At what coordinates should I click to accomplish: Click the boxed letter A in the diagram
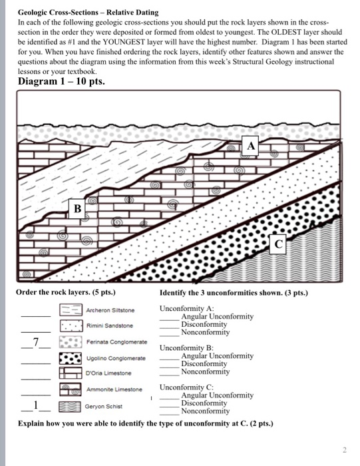tap(251, 145)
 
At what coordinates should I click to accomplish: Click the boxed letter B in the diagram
tap(77, 208)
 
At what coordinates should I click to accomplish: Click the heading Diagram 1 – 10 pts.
tap(61, 82)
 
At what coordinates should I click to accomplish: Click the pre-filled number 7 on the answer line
tap(37, 342)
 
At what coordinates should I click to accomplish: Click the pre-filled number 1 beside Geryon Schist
tap(37, 404)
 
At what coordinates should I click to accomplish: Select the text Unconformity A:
tap(187, 309)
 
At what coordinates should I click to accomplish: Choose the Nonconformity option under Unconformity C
tap(205, 411)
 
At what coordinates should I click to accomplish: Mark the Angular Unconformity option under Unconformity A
tap(217, 317)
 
